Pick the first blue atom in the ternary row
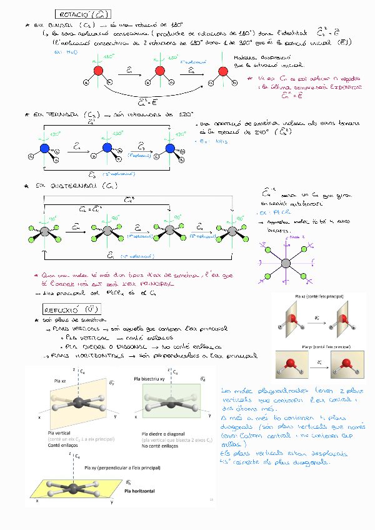(x=44, y=148)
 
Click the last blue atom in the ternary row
(x=169, y=148)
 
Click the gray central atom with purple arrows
(x=286, y=263)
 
